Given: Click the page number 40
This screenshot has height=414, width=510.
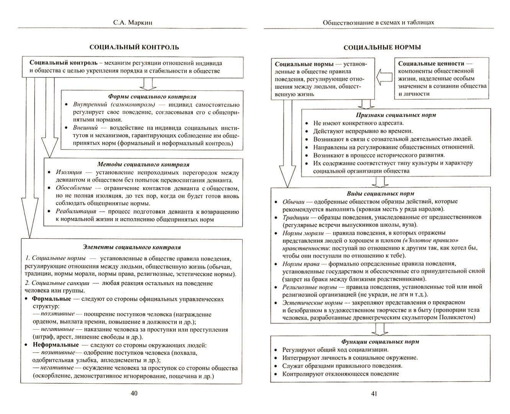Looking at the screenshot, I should pos(134,393).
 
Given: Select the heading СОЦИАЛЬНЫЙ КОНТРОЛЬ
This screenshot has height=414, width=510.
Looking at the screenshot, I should pos(134,48).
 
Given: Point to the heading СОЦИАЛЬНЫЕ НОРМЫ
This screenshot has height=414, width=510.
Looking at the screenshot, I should pos(382,48).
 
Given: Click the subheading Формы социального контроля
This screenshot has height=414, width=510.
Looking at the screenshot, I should pos(152,97).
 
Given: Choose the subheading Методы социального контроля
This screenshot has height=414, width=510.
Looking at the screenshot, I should pos(143,164).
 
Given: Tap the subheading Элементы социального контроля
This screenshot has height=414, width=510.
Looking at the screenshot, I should pos(132,247).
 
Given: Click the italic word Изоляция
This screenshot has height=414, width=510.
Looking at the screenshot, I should pos(69,172).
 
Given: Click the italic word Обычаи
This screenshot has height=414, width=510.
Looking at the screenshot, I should pos(294,202).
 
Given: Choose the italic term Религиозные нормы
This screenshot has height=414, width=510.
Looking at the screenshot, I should pos(310,287).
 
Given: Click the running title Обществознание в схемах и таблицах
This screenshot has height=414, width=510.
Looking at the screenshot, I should pos(378,23).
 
